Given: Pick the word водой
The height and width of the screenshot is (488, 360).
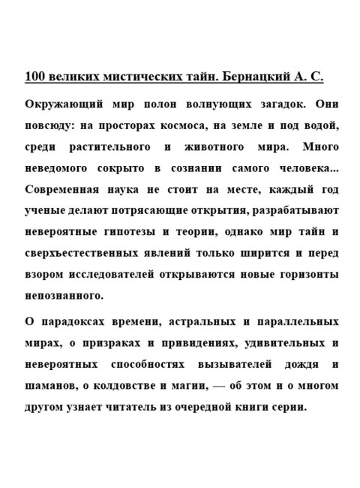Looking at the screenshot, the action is click(x=322, y=125).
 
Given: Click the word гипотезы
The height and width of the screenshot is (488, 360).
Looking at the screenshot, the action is click(x=137, y=230).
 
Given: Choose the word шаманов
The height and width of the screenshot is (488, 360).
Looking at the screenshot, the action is click(x=52, y=387).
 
